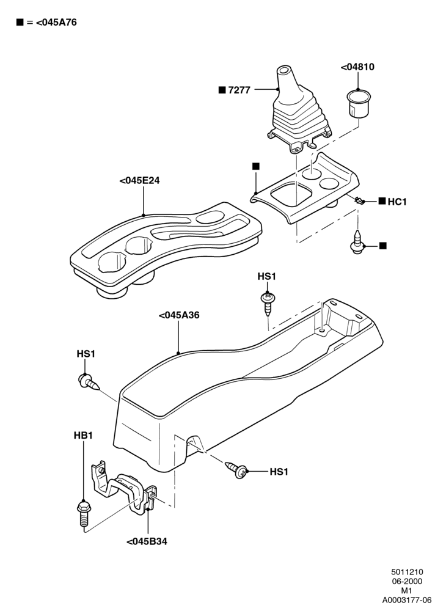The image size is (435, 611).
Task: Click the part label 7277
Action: click(239, 90)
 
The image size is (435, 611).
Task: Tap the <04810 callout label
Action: click(357, 67)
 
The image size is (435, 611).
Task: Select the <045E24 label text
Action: click(139, 181)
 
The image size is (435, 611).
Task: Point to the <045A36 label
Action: click(179, 315)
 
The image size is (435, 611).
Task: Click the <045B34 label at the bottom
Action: click(147, 541)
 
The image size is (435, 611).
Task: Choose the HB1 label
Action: click(83, 435)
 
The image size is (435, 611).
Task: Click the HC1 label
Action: click(397, 202)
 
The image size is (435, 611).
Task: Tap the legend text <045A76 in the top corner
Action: click(56, 23)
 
